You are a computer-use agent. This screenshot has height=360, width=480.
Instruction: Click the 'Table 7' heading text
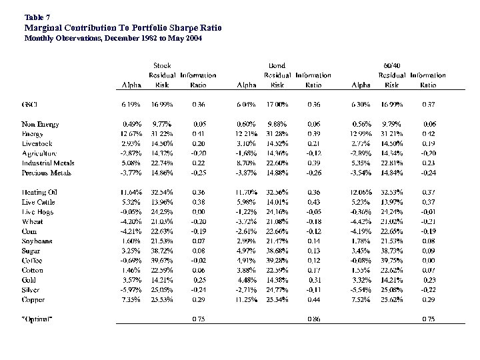click(x=37, y=16)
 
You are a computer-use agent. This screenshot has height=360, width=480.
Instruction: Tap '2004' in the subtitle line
click(x=192, y=39)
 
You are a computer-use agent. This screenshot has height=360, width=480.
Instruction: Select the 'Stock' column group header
click(x=162, y=65)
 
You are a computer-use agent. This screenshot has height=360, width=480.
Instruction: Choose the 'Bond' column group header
click(x=277, y=65)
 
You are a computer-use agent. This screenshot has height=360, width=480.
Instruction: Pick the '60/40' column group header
click(x=393, y=65)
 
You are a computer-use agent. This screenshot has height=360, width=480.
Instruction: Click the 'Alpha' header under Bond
click(x=247, y=85)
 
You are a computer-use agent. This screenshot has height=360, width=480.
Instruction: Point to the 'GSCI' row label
click(x=31, y=104)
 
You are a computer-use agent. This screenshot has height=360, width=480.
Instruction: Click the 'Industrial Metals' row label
click(x=47, y=163)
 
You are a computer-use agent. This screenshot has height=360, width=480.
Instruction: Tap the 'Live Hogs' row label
click(x=37, y=212)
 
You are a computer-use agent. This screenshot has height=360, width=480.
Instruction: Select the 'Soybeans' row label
click(x=37, y=241)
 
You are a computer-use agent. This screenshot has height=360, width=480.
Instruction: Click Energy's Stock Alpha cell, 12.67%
click(x=131, y=133)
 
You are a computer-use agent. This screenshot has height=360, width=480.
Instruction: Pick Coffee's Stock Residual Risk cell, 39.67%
click(x=163, y=261)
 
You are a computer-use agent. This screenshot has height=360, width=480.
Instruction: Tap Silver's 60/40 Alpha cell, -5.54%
click(x=360, y=290)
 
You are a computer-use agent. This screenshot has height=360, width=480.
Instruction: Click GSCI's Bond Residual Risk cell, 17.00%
click(x=277, y=104)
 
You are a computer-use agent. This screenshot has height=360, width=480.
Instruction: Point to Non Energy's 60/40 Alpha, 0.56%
click(x=361, y=124)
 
